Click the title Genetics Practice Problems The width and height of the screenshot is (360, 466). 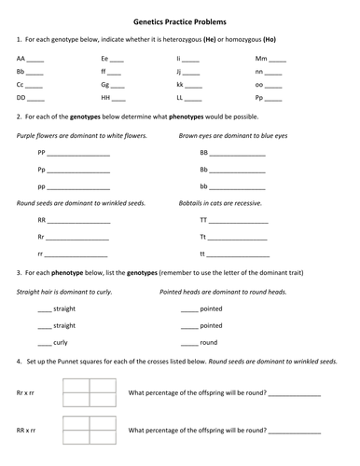179,21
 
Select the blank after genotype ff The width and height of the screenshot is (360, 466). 118,72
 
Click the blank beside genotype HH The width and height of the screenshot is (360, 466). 120,97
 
